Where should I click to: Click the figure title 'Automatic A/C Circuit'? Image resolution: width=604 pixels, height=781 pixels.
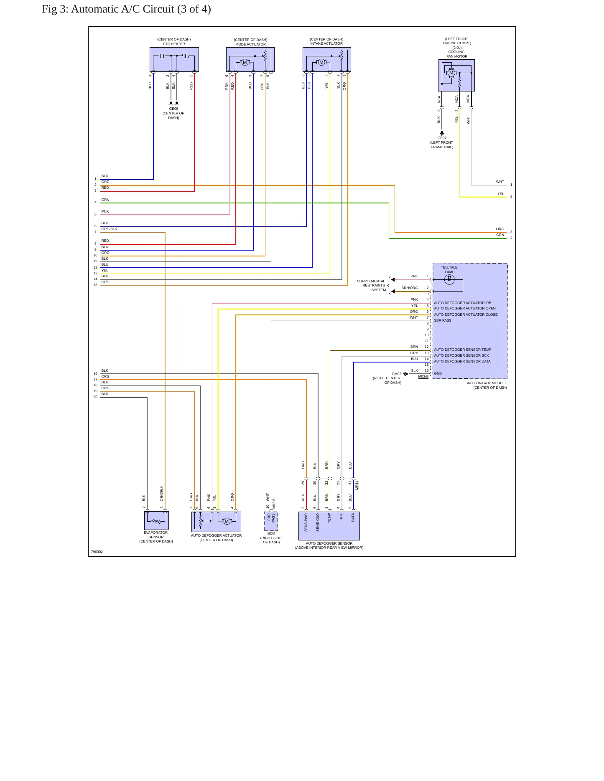point(122,9)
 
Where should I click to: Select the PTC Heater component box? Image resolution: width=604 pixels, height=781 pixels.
point(174,59)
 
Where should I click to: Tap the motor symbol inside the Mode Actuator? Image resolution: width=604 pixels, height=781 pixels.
point(245,63)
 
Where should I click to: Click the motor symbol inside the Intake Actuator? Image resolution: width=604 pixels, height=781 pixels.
point(321,63)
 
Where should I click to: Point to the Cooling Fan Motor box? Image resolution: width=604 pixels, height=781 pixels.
point(456,75)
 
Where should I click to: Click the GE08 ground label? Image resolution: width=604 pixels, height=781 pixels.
point(173,109)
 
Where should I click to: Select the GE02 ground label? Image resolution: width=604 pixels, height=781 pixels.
point(442,138)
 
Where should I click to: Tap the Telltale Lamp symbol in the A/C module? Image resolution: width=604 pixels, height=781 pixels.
point(449,280)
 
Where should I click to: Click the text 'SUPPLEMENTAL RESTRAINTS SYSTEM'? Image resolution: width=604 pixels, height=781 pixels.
point(371,286)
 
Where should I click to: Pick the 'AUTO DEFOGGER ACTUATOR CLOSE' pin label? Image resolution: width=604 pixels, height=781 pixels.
point(466,314)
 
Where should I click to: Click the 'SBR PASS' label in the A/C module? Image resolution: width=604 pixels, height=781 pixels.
point(443,320)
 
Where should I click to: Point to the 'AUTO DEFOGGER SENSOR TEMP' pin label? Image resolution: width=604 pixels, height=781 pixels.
point(463,350)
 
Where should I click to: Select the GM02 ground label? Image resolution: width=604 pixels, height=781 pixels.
point(396,374)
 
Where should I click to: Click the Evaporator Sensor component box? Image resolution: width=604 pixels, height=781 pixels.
point(156,521)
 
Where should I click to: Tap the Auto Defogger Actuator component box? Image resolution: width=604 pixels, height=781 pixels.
point(216,522)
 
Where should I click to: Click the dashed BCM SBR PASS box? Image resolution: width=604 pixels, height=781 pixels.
point(271,521)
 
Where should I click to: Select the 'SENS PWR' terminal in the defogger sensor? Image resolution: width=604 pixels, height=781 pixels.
point(306,522)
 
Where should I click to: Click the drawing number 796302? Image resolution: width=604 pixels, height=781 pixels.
point(97,552)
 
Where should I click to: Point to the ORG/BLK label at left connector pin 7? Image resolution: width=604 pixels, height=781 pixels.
point(109,229)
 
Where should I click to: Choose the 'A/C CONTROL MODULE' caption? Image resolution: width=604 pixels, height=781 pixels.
point(487,383)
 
